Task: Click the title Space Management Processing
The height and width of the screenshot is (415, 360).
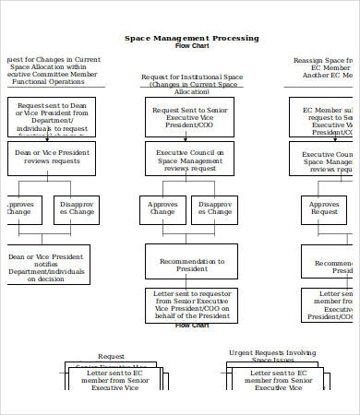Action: click(192, 38)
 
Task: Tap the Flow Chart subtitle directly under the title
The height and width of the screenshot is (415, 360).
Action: click(192, 46)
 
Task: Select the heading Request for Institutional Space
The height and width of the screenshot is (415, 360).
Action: click(192, 85)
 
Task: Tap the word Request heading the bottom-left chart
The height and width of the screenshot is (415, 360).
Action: click(112, 356)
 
